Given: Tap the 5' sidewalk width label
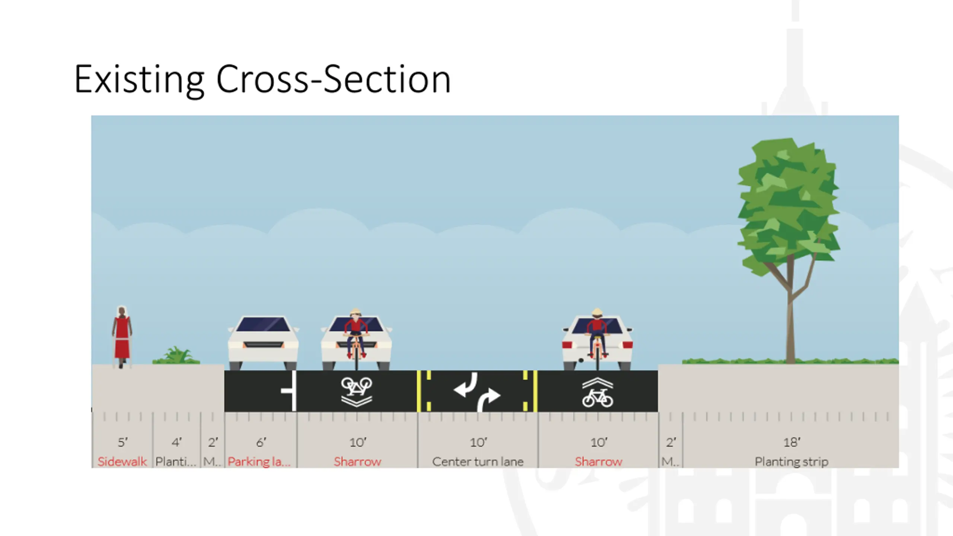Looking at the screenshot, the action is (122, 442).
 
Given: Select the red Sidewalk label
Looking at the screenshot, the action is (122, 462).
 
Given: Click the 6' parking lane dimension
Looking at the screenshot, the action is (261, 442).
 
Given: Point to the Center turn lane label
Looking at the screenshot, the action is (478, 462).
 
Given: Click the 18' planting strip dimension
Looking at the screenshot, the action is (791, 442).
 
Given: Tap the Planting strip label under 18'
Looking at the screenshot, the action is (791, 462).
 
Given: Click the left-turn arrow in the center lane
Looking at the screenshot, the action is (466, 386).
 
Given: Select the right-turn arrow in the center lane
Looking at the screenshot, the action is (488, 399).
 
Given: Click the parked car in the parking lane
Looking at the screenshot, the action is (263, 342).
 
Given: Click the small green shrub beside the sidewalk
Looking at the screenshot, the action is (177, 355).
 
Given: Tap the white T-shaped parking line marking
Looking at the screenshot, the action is (291, 390).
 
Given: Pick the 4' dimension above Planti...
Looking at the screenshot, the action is (176, 442).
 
